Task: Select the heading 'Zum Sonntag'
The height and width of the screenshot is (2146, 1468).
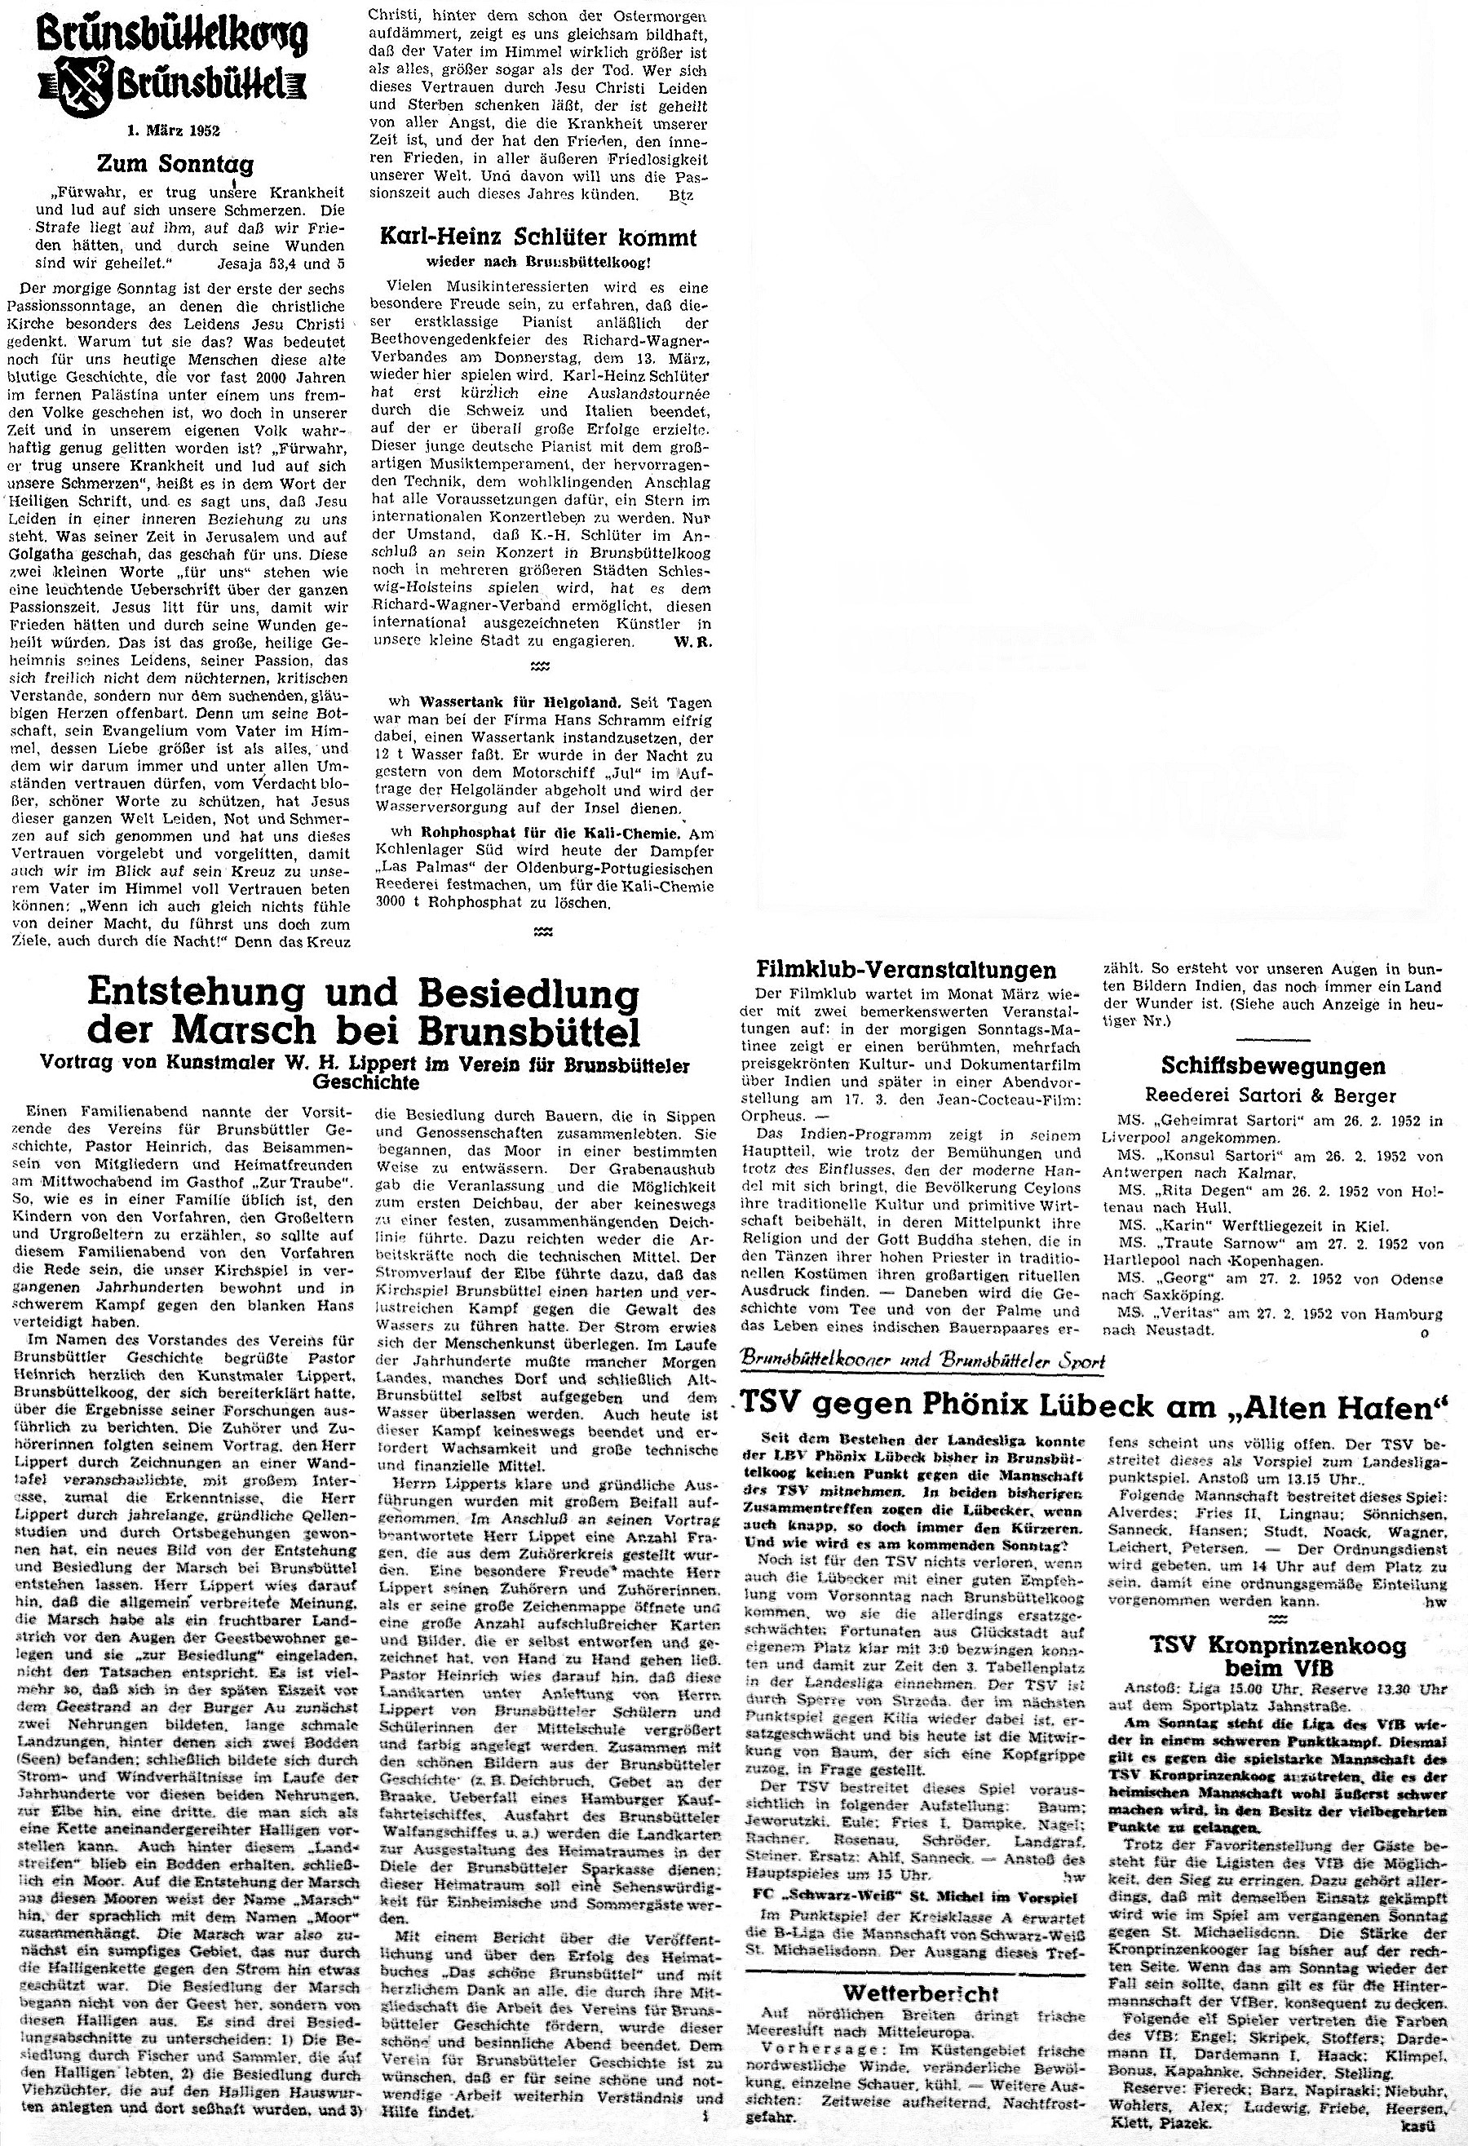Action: [x=175, y=165]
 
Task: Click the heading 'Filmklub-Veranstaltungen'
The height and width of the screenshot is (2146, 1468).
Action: [x=906, y=970]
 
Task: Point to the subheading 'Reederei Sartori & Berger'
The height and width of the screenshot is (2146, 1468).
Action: [x=1271, y=1096]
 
